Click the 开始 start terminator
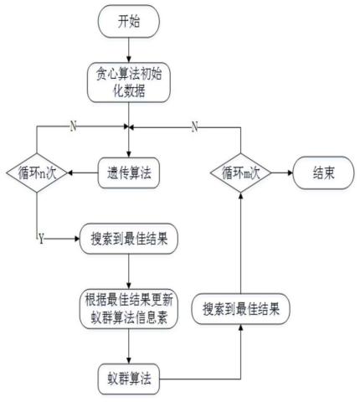[129, 21]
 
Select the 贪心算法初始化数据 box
[129, 82]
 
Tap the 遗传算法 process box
[129, 173]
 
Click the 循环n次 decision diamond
[37, 173]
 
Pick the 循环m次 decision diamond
[240, 173]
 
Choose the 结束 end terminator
[324, 173]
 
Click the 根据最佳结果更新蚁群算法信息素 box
[129, 309]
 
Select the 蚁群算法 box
[129, 379]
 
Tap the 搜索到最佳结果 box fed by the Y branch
[129, 239]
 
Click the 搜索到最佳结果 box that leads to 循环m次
[241, 309]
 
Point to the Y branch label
[41, 239]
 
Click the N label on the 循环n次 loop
[73, 126]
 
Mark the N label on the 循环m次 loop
[195, 127]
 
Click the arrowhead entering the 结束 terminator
[291, 173]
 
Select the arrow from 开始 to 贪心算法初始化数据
[129, 50]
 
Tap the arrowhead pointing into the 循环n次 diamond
[70, 173]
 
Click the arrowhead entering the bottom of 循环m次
[240, 195]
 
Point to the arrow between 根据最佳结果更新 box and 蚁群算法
[129, 346]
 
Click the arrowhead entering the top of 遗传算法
[129, 154]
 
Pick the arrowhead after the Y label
[77, 239]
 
